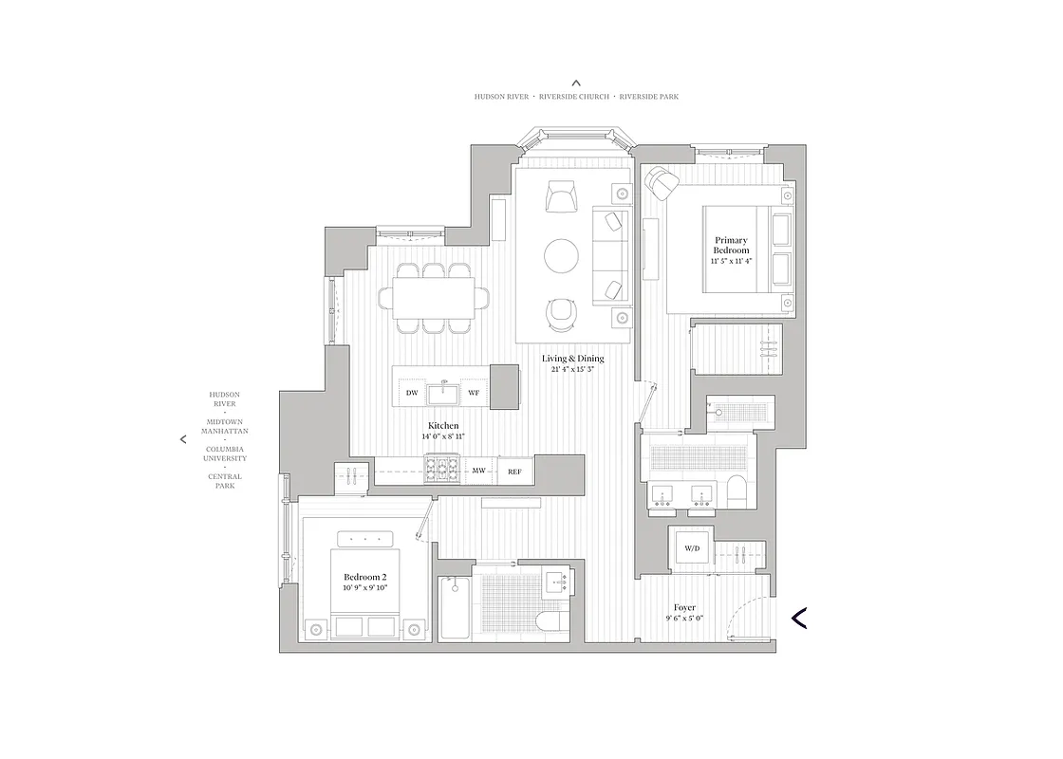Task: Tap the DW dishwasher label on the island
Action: [412, 393]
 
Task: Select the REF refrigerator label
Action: [514, 471]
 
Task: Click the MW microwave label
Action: [480, 471]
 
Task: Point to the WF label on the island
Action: [474, 393]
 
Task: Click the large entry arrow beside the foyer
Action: [799, 618]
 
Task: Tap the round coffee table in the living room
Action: [561, 255]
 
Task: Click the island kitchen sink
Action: [442, 392]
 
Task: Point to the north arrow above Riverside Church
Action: [576, 83]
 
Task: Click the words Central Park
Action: [224, 482]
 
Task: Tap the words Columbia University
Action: [224, 454]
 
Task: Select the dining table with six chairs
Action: [435, 298]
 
